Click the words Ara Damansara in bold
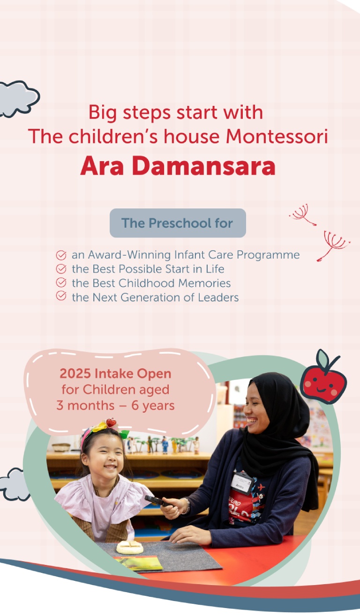(178, 166)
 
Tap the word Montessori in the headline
(277, 136)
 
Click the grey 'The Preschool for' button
(178, 223)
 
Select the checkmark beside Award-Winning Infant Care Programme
(61, 255)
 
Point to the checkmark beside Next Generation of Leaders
(61, 296)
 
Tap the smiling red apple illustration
(323, 377)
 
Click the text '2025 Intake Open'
(116, 374)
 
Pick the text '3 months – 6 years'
(116, 406)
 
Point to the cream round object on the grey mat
(130, 547)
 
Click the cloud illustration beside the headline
(18, 99)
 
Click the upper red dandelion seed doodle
(302, 215)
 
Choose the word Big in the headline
(102, 113)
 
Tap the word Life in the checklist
(215, 269)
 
